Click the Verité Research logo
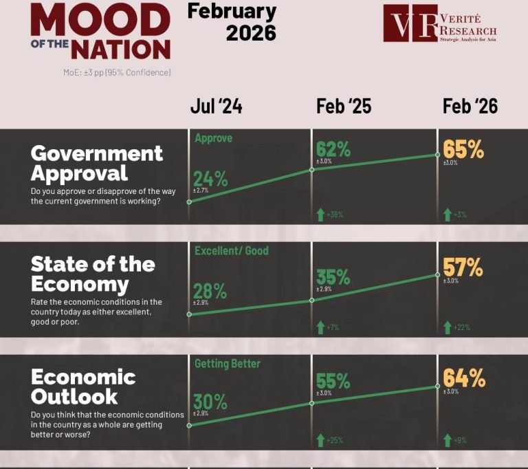coord(440,24)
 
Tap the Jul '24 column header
coord(216,106)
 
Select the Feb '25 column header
coord(344,106)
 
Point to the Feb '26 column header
coord(470,106)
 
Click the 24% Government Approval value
coord(210,179)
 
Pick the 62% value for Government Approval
coord(333,149)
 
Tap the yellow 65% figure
coord(463,149)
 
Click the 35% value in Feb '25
coord(333,277)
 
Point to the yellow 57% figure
coord(463,264)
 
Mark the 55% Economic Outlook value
coord(333,381)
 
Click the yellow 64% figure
coord(464,378)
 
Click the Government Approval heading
coord(97,162)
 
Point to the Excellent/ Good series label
coord(232,251)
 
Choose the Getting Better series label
coord(228,363)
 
